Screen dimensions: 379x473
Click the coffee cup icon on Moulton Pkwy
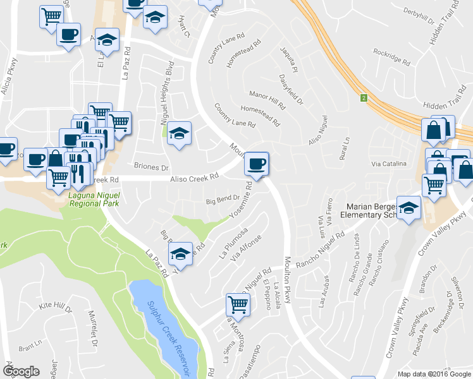(x=256, y=164)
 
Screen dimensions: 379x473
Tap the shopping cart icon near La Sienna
(x=238, y=304)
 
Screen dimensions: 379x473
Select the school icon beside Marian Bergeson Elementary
(x=409, y=209)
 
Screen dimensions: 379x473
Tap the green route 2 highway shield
(x=364, y=98)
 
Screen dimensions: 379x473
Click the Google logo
(x=21, y=371)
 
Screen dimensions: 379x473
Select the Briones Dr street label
(x=152, y=168)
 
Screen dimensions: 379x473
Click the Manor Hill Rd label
(x=267, y=100)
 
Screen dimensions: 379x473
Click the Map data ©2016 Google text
(x=434, y=373)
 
